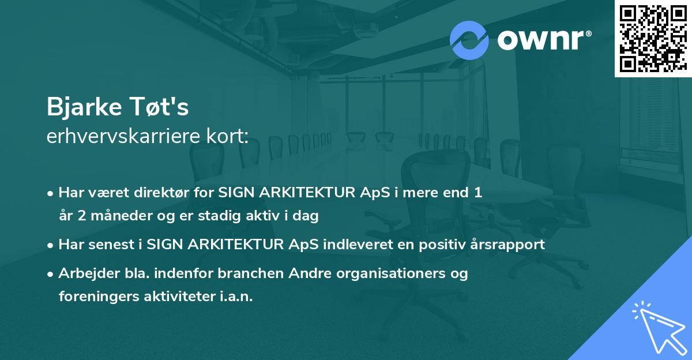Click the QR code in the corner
[653, 38]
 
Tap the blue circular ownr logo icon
[469, 40]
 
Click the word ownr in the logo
[540, 40]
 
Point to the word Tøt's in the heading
[159, 107]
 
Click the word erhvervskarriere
[123, 136]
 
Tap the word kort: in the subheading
[227, 136]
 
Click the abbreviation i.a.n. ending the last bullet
[236, 297]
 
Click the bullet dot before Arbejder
[50, 274]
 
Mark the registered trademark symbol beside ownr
[588, 33]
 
